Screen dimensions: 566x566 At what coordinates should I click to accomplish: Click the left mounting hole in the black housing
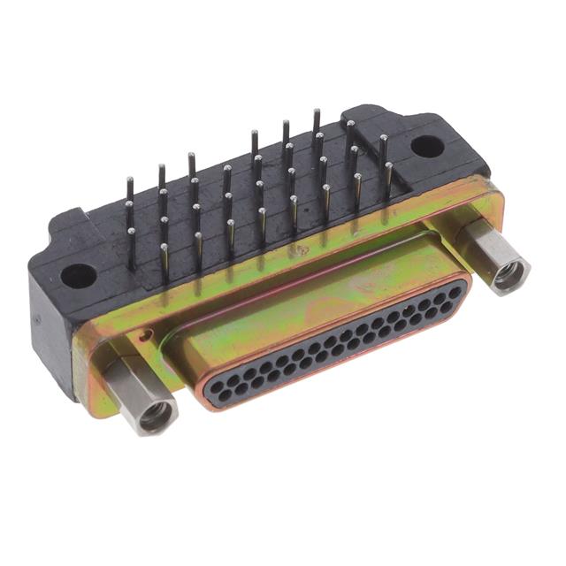tap(78, 275)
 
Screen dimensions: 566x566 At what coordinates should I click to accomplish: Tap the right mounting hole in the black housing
tap(425, 146)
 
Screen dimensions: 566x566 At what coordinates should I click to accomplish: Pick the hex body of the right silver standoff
tap(486, 248)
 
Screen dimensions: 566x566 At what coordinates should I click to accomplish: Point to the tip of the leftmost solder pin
tap(129, 180)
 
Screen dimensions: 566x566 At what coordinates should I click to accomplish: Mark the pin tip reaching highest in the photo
tap(316, 111)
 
